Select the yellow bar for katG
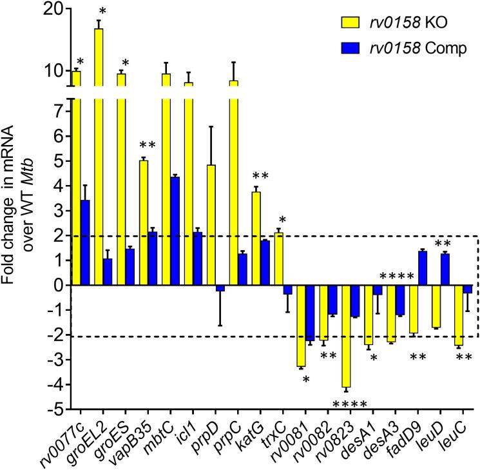coord(256,238)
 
